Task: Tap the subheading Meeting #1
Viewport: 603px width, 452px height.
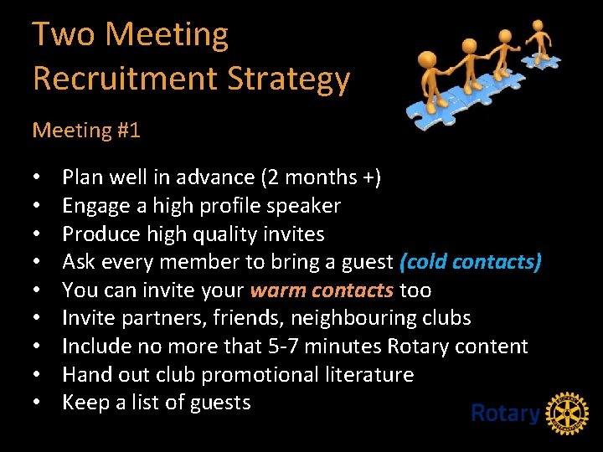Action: [86, 131]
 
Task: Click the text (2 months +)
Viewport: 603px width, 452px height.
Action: [322, 177]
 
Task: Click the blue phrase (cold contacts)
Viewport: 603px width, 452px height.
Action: [471, 262]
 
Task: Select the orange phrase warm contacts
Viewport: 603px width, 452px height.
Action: [322, 290]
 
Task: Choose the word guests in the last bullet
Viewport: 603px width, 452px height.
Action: [221, 403]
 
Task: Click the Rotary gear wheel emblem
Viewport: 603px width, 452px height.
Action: [567, 413]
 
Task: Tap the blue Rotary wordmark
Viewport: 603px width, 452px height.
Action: [505, 413]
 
